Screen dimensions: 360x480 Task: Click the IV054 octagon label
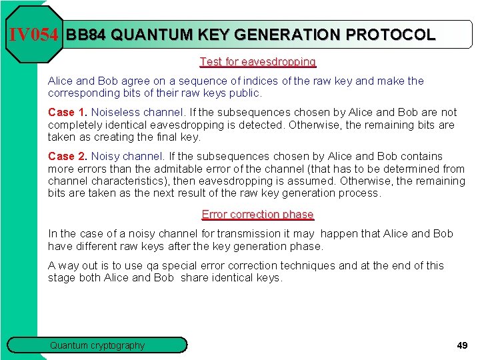tap(33, 35)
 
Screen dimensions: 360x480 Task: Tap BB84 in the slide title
tap(86, 35)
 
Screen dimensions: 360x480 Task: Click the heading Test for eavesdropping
tap(257, 61)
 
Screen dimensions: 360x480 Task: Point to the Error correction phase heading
tap(257, 214)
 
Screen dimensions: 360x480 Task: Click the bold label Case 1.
tap(67, 113)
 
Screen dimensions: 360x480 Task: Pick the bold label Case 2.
tap(67, 157)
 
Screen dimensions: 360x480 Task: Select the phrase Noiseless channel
tap(127, 113)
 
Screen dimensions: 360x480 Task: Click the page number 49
tap(461, 345)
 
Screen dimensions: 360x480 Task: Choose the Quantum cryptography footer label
tap(97, 345)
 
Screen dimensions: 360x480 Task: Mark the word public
tap(243, 93)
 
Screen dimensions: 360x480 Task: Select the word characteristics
tap(129, 181)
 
